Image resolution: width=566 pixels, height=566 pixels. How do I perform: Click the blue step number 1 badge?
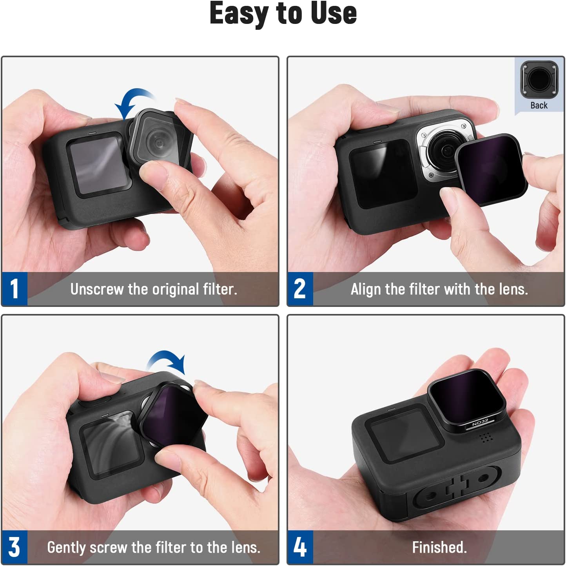tap(15, 289)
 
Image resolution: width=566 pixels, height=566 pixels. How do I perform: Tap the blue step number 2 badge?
tap(300, 289)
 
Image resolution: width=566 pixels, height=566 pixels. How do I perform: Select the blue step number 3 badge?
tap(15, 547)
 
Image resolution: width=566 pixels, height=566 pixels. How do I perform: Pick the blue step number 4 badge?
tap(300, 547)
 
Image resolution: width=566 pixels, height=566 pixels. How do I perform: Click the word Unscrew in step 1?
tap(97, 289)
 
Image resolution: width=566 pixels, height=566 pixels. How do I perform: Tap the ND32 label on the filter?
tap(480, 423)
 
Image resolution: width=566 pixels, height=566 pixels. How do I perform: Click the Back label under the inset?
tap(539, 105)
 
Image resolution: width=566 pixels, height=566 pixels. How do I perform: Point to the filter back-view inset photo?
tap(539, 80)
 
